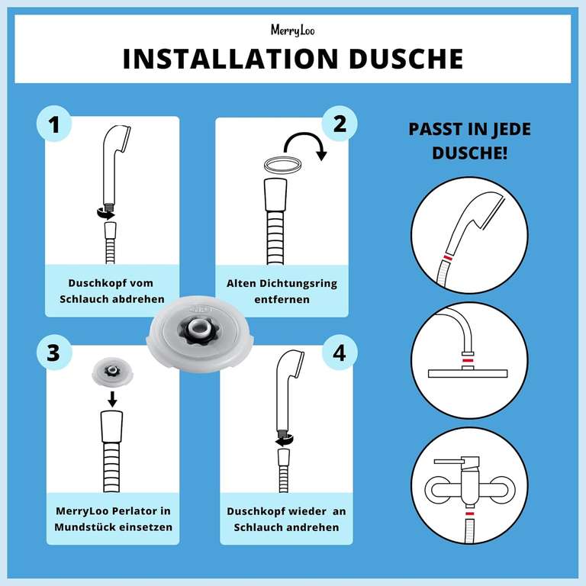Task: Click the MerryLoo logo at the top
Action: pyautogui.click(x=292, y=30)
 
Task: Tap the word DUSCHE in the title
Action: pyautogui.click(x=406, y=59)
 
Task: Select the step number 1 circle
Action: pyautogui.click(x=53, y=124)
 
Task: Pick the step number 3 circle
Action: pyautogui.click(x=53, y=353)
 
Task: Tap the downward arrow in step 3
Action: pyautogui.click(x=112, y=398)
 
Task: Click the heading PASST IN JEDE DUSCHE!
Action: pyautogui.click(x=470, y=140)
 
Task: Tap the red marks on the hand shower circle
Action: pyautogui.click(x=451, y=259)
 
